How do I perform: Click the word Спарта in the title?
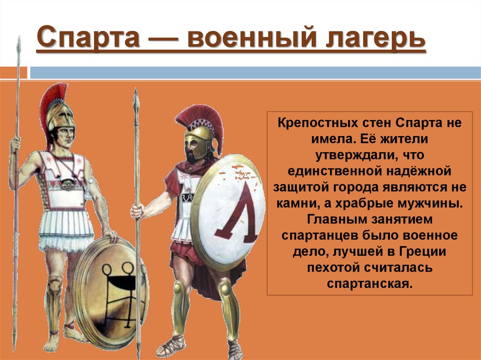tap(88, 39)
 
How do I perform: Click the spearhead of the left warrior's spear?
tap(18, 47)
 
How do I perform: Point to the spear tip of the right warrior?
tap(136, 101)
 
